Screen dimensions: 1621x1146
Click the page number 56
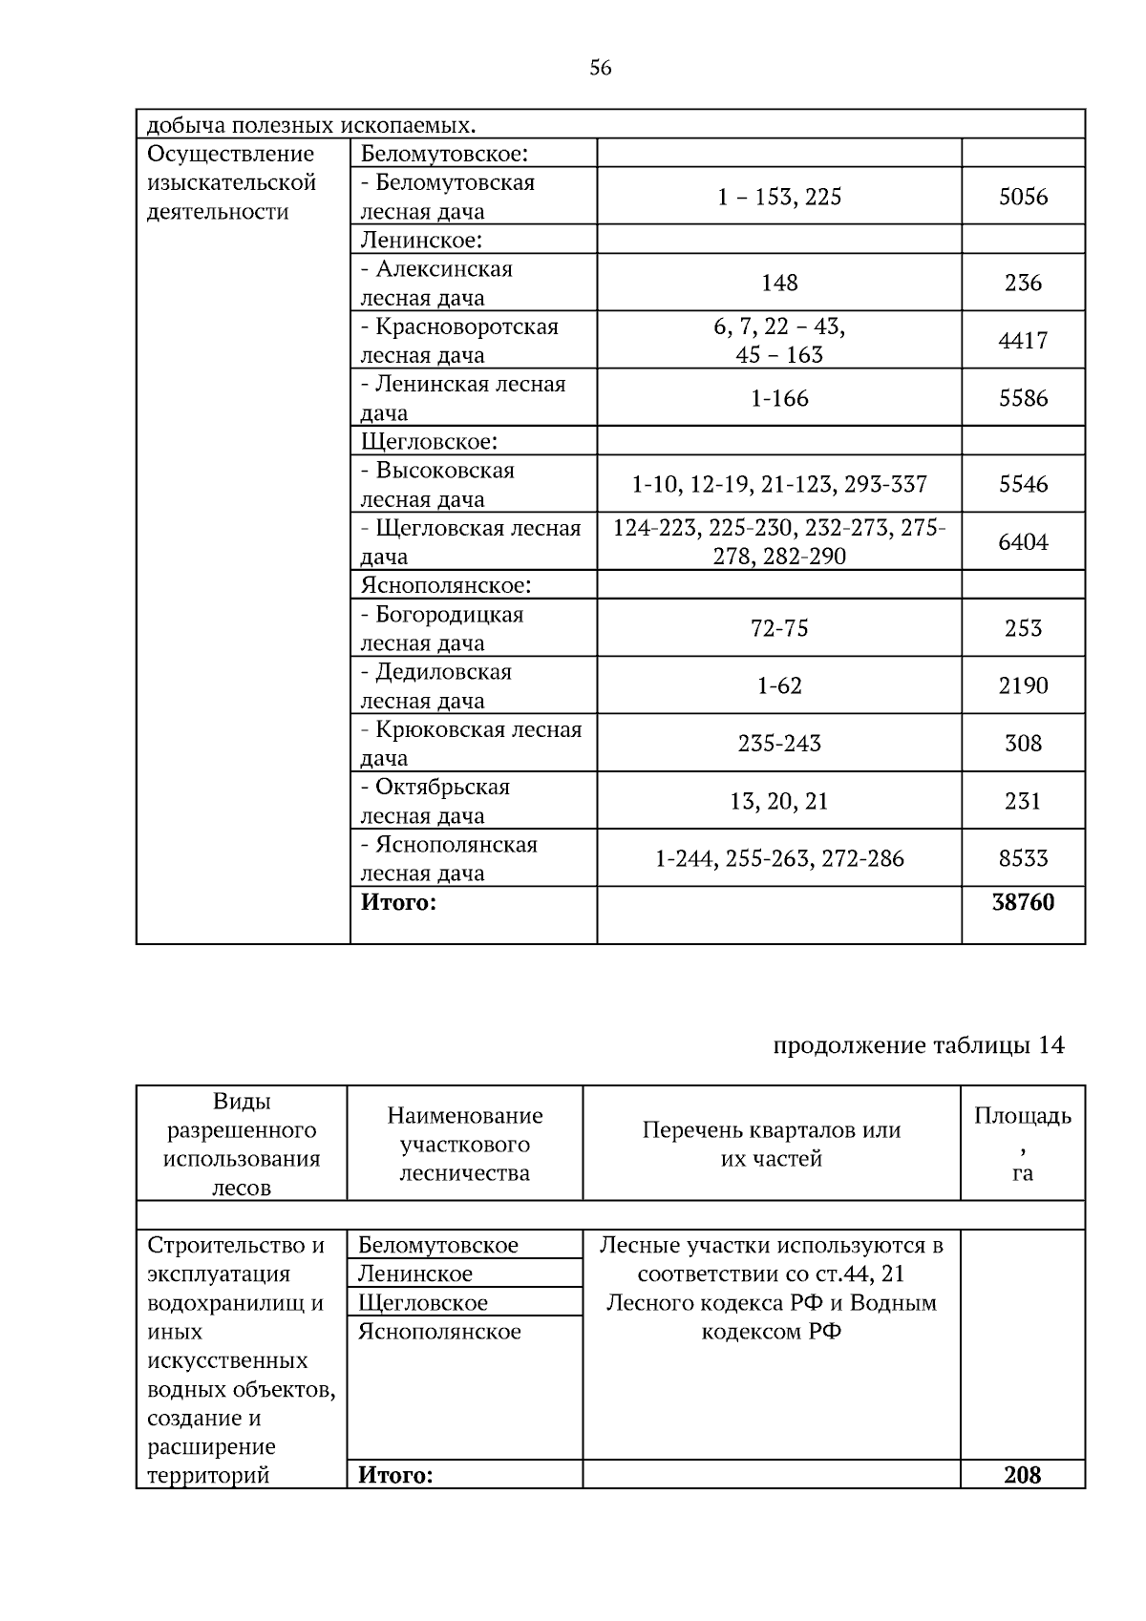point(600,68)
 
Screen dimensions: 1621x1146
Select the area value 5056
point(1023,197)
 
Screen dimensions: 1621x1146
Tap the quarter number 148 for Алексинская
point(779,283)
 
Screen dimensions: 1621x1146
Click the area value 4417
point(1023,341)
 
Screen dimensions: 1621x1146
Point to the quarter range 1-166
point(779,398)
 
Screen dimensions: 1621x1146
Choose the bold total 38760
point(1023,902)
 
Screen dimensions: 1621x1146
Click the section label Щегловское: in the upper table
point(429,441)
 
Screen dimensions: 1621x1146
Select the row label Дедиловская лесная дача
point(436,685)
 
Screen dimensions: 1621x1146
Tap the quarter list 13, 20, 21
point(779,801)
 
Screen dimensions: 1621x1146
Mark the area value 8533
point(1023,858)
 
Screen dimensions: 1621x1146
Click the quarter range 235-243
point(779,743)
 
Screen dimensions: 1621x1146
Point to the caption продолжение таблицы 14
point(918,1045)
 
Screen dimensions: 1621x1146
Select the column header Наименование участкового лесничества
point(464,1144)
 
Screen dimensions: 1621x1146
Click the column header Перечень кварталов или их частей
point(771,1144)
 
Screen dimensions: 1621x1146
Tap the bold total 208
point(1022,1475)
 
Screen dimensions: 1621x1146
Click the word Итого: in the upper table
point(398,902)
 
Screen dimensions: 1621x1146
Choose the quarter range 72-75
point(779,628)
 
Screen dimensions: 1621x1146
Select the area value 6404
point(1023,542)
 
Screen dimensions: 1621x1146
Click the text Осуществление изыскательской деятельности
point(231,182)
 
